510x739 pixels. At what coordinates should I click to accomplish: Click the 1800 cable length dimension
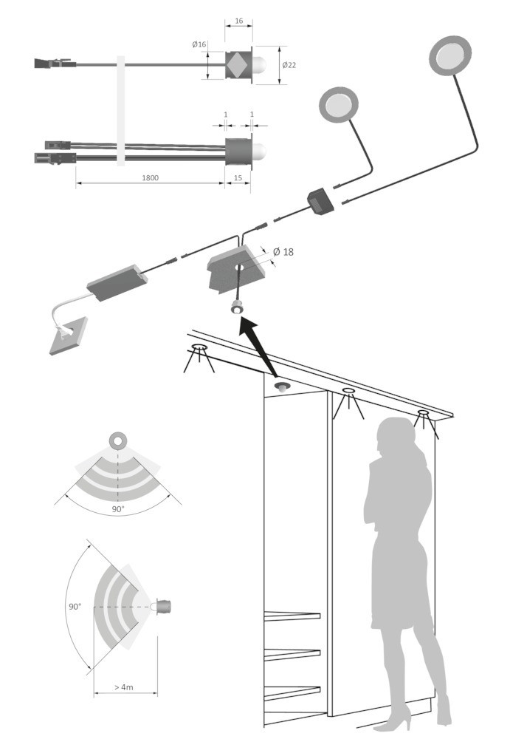tap(151, 177)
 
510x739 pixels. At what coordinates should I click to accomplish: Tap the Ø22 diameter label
tap(289, 65)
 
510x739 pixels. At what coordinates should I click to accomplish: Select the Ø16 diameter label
tap(199, 44)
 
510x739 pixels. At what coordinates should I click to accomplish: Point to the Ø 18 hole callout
tap(283, 252)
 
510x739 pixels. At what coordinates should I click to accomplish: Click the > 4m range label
tap(124, 687)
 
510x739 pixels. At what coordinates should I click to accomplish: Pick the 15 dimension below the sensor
tap(238, 177)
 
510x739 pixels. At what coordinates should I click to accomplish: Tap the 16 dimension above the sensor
tap(238, 21)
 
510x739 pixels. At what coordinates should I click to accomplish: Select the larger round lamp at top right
tap(450, 55)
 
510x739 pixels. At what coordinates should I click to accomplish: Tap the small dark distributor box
tap(321, 201)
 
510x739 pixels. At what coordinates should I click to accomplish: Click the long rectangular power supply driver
tap(117, 283)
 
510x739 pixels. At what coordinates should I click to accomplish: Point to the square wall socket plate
tap(69, 336)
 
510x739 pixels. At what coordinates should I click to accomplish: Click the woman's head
tap(396, 436)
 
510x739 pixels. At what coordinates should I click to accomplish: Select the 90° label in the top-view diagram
tap(118, 509)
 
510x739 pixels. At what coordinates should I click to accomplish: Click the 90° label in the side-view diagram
tap(75, 607)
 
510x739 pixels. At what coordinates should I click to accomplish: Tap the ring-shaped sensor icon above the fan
tap(118, 440)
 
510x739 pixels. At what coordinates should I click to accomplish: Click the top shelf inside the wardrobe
tap(292, 616)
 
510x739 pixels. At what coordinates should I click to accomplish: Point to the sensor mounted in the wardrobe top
tap(282, 387)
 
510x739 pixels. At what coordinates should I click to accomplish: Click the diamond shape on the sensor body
tap(238, 64)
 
